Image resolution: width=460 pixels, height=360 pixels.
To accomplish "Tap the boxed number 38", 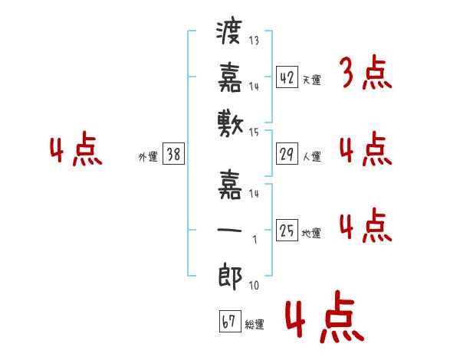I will [173, 154].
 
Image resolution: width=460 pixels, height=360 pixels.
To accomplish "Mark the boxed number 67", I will [228, 321].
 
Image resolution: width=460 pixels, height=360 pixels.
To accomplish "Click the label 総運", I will [254, 325].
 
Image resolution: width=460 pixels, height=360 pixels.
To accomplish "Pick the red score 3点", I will [366, 74].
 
